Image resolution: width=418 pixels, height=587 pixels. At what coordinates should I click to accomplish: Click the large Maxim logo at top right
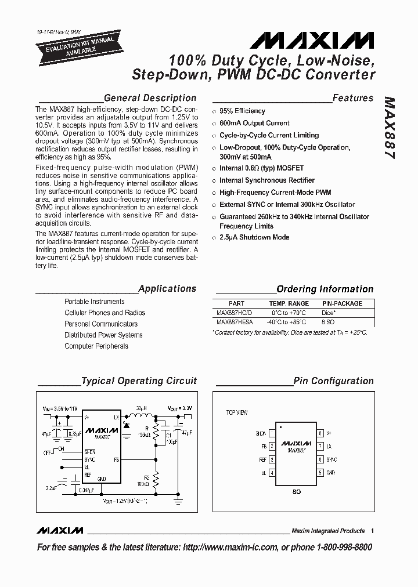(312, 40)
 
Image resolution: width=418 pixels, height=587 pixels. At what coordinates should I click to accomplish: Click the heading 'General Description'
(150, 98)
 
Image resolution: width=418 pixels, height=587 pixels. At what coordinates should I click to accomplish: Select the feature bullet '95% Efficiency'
(242, 111)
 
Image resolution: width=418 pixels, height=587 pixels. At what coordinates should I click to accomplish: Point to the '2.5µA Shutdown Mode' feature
(254, 237)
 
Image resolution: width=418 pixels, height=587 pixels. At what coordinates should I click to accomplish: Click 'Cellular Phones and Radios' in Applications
(105, 313)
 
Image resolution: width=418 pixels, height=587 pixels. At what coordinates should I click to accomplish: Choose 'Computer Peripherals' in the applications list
(96, 346)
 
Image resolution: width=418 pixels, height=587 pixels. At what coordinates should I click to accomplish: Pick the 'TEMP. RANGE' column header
(289, 303)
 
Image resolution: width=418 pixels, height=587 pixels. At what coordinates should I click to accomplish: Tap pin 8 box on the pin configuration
(320, 433)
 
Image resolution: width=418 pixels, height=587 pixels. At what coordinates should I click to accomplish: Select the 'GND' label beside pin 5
(331, 473)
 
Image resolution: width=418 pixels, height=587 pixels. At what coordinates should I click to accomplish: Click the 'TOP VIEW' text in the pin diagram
(237, 412)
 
